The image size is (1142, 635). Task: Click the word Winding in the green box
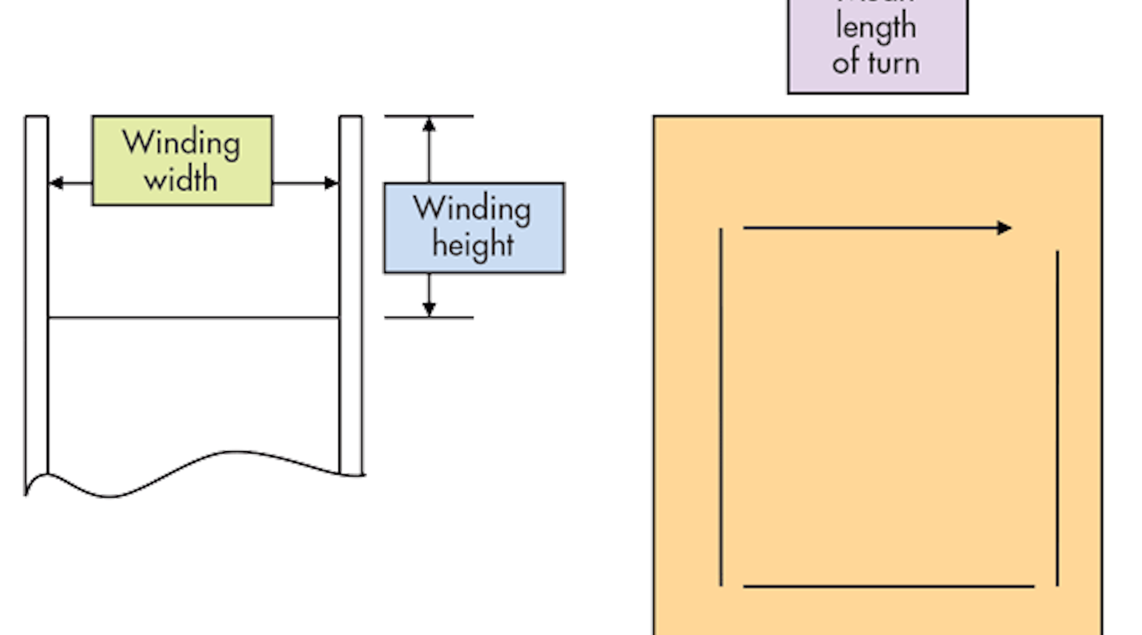pos(181,143)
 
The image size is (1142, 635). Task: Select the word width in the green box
pos(181,179)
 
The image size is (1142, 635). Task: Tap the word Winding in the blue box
pos(472,209)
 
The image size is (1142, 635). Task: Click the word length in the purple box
pos(876,27)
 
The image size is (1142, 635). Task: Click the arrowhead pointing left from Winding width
pos(56,183)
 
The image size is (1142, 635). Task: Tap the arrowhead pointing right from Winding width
pos(330,183)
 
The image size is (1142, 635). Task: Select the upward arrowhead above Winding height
pos(429,126)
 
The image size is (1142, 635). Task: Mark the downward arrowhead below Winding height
pos(429,307)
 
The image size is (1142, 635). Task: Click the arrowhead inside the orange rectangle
pos(1004,228)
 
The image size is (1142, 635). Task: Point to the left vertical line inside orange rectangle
pos(721,407)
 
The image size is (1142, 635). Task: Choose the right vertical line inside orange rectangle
pos(1057,418)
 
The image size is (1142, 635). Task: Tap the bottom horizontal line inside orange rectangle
pos(888,586)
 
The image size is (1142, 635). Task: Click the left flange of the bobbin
pos(37,297)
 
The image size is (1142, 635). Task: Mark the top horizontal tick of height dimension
pos(429,116)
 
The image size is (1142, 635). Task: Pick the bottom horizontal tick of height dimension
pos(429,317)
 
